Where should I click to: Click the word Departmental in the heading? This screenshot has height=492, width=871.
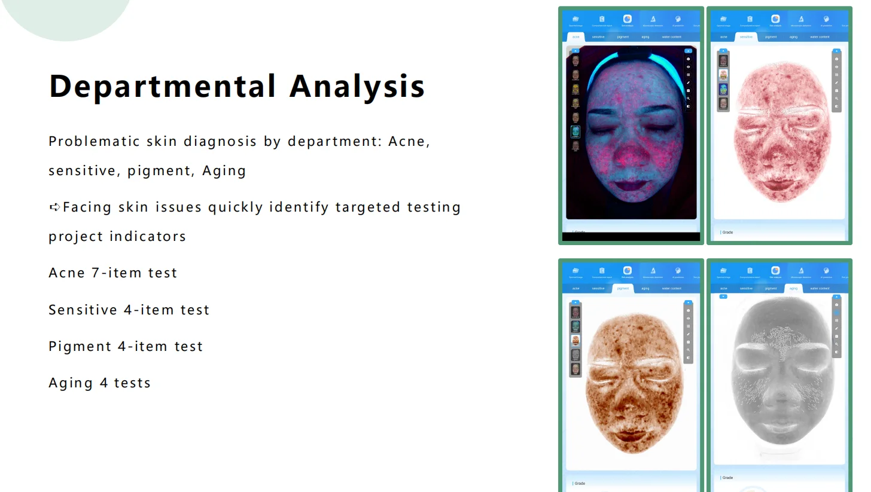point(162,87)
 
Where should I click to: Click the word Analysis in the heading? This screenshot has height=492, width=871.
point(357,87)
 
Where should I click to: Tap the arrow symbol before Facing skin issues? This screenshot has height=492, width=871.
point(54,207)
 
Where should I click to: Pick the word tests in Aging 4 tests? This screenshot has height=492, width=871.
point(132,383)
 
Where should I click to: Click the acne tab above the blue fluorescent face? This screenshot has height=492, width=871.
point(575,37)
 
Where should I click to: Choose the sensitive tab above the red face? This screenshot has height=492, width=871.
point(746,37)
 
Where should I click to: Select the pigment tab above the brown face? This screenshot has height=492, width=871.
point(623,288)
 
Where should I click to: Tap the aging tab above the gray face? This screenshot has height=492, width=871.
point(793,288)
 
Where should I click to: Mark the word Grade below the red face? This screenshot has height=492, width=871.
point(727,232)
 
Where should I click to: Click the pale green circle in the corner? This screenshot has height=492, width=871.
point(66,15)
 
